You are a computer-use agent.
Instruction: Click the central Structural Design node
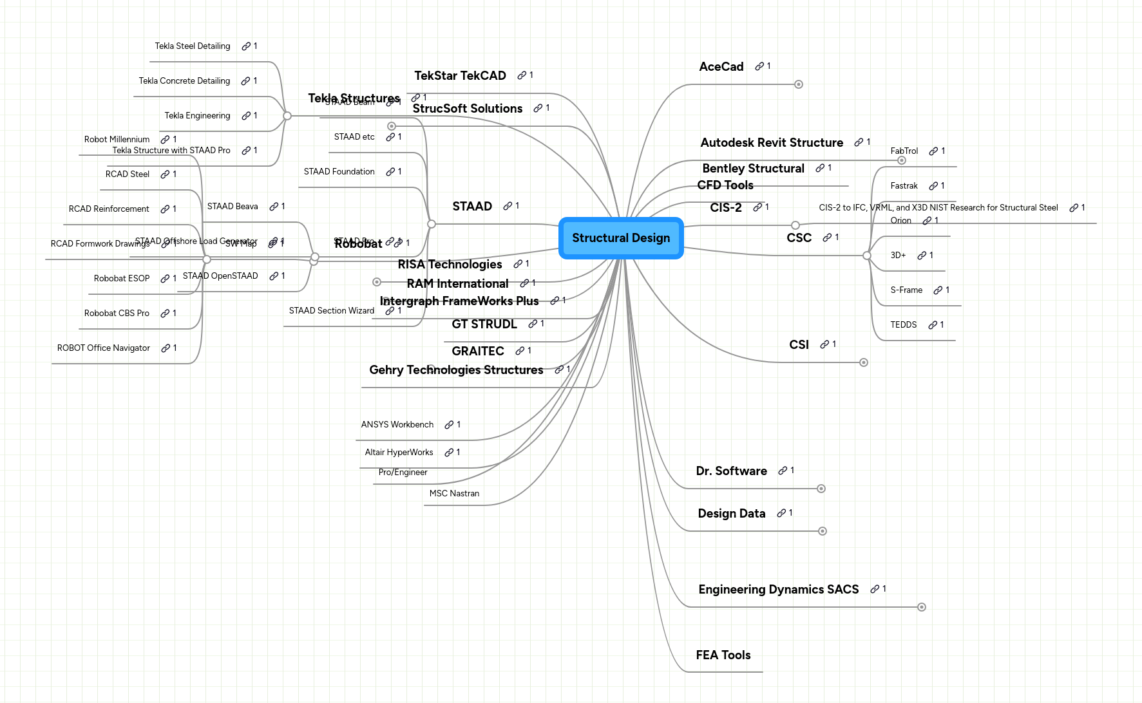click(620, 238)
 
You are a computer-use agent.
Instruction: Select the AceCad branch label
click(721, 67)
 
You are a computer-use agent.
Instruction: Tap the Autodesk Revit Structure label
click(771, 143)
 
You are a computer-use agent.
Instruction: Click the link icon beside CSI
click(824, 345)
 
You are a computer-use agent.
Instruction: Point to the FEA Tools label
click(723, 655)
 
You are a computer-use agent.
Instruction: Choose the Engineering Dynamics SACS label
click(778, 590)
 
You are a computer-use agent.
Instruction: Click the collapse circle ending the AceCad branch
click(798, 84)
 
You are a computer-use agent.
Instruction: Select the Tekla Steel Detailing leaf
click(192, 46)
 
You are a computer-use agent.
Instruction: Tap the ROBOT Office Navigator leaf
click(103, 348)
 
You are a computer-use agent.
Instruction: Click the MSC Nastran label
click(454, 494)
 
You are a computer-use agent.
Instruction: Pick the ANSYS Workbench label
click(397, 425)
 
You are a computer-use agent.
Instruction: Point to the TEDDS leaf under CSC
click(903, 325)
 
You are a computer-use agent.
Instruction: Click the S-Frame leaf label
click(906, 290)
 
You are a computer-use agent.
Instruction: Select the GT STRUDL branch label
click(484, 324)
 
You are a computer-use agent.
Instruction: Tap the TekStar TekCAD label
click(460, 76)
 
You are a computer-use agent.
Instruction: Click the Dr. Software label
click(731, 471)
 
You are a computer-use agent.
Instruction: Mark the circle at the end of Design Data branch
click(822, 531)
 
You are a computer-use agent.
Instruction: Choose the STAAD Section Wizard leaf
click(331, 311)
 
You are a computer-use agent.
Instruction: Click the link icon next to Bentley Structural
click(819, 169)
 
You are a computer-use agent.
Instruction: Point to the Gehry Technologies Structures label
click(456, 370)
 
